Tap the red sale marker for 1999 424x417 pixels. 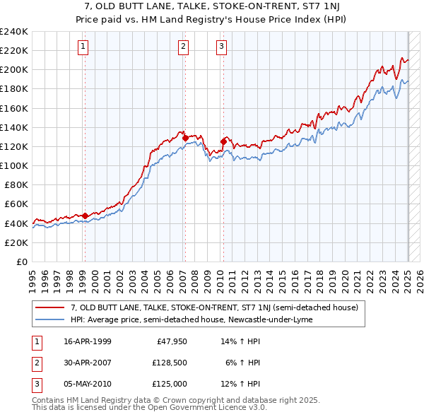click(x=85, y=216)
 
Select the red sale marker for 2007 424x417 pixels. click(x=185, y=139)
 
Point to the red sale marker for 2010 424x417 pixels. click(x=223, y=141)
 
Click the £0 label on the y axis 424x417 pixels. click(x=22, y=262)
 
